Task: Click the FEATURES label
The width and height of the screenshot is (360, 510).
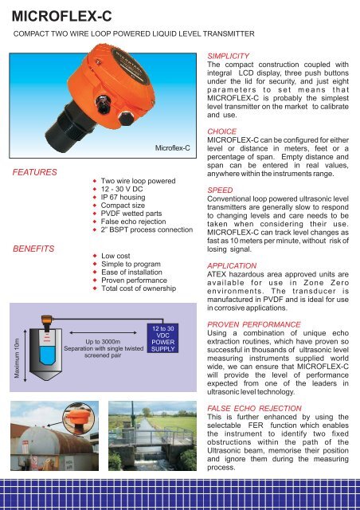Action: tap(32, 172)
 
